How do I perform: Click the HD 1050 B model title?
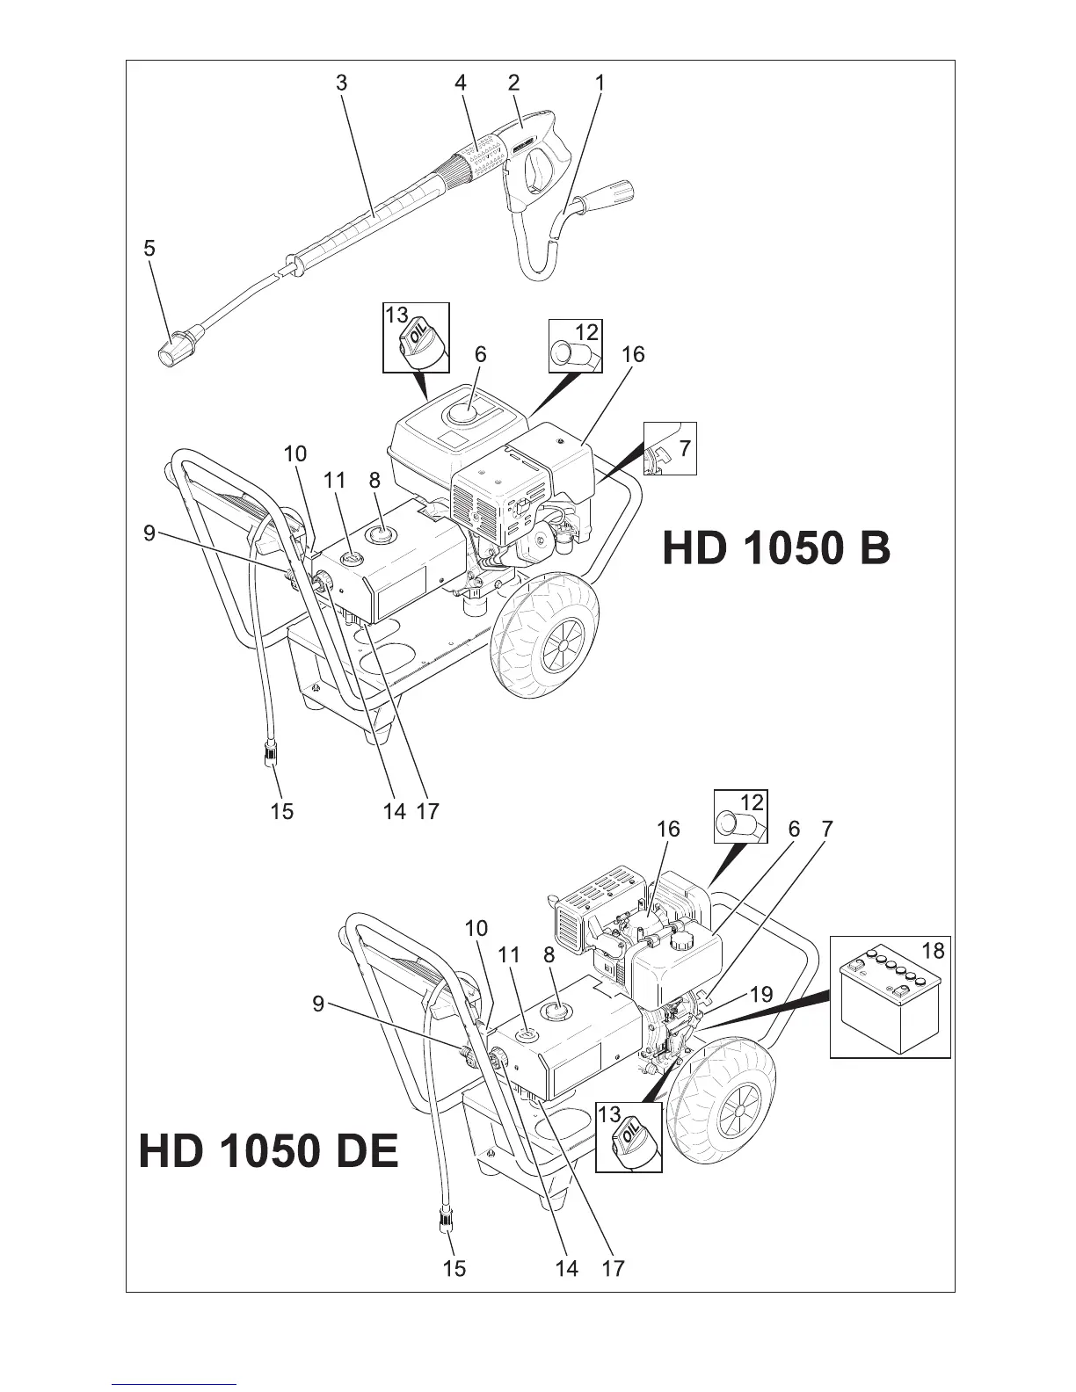(776, 549)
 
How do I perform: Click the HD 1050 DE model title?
(269, 1151)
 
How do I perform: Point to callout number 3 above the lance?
(341, 83)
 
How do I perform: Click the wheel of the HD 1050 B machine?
(549, 643)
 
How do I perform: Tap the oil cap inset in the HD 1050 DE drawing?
(629, 1138)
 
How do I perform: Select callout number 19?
(761, 995)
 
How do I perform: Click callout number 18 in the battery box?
(933, 950)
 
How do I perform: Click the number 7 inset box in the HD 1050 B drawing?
(670, 448)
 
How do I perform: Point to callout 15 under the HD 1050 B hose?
(281, 811)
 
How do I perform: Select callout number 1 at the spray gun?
(600, 83)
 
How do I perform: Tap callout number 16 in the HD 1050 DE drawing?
(668, 829)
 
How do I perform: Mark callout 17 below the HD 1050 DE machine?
(613, 1268)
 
